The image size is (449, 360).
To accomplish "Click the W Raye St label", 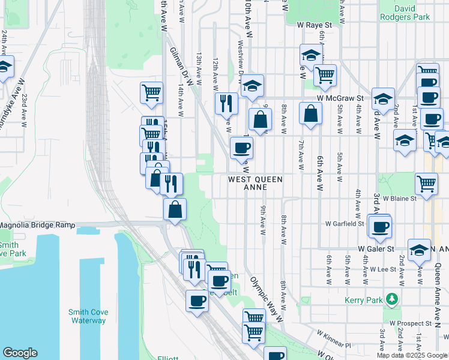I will tap(315, 26).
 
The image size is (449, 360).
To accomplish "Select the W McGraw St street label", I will tap(342, 98).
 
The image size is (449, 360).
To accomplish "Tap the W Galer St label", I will tap(376, 248).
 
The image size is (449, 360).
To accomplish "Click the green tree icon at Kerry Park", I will tap(392, 298).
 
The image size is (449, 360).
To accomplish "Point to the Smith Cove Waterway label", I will tap(87, 316).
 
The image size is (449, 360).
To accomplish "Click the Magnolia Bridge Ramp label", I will tap(37, 225).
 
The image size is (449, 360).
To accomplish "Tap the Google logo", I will tap(20, 353).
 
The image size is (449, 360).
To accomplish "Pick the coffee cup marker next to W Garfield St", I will tap(379, 227).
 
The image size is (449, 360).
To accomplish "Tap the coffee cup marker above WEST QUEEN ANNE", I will tap(241, 148).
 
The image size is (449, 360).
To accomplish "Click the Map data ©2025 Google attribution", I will tap(412, 355).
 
